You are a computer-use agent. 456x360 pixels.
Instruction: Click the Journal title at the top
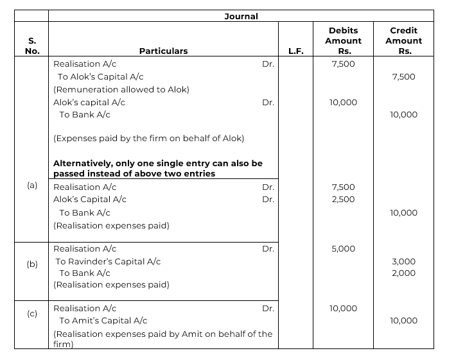click(241, 16)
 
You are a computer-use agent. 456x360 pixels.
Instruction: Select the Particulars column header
click(163, 51)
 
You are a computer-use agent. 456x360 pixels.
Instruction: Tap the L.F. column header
click(295, 51)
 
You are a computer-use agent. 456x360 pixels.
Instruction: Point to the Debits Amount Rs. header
click(343, 40)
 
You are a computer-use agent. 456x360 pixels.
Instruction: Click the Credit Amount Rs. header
click(403, 40)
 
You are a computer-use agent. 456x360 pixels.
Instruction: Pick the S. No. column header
click(31, 46)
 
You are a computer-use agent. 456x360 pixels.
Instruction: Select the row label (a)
click(32, 185)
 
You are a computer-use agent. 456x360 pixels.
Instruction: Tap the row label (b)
click(32, 264)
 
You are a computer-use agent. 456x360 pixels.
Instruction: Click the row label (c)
click(32, 314)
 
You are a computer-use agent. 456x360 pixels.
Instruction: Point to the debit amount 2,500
click(343, 199)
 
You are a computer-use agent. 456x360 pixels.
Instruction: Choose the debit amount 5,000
click(343, 249)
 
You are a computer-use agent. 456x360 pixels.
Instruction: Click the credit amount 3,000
click(403, 262)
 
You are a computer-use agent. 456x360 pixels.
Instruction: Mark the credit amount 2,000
click(403, 273)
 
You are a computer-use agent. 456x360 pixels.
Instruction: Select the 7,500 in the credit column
click(403, 77)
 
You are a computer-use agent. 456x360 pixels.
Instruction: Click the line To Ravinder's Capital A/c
click(108, 262)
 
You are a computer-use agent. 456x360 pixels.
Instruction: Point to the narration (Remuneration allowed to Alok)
click(121, 89)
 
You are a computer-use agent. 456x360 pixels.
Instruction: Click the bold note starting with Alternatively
click(157, 169)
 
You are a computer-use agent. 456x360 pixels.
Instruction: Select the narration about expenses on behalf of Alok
click(148, 138)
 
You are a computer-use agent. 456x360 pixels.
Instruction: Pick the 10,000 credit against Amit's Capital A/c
click(403, 320)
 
